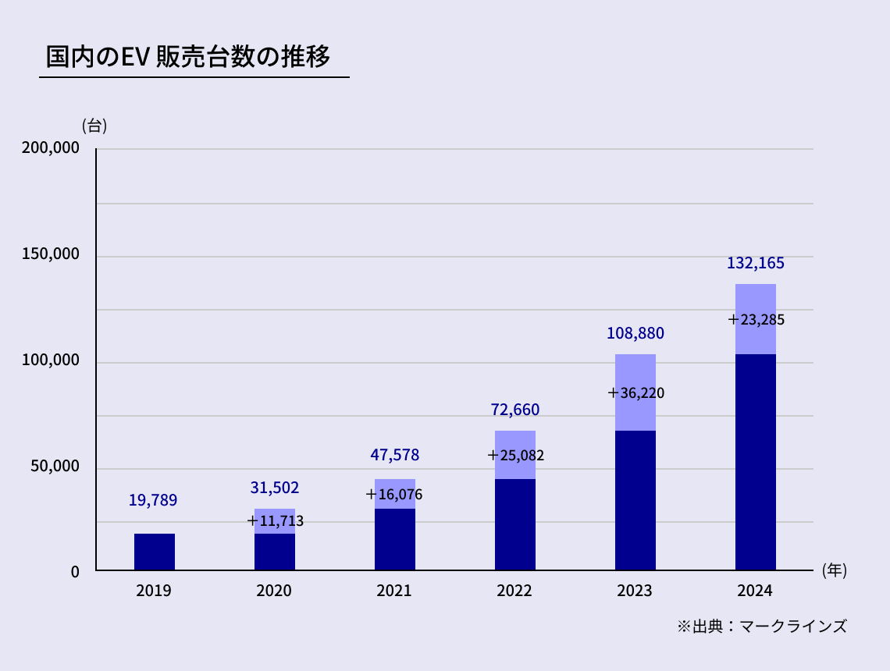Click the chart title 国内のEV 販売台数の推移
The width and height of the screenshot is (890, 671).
188,58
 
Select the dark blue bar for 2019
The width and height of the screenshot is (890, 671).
155,552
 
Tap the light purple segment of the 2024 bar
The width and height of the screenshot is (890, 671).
756,300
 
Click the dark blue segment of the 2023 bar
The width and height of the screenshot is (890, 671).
635,499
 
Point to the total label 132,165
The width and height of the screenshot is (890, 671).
755,264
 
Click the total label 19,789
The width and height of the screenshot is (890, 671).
153,500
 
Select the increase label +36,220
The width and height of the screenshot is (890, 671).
635,393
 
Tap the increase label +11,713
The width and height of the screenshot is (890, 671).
275,520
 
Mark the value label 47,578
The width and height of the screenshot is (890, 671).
395,455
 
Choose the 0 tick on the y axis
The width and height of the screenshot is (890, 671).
75,572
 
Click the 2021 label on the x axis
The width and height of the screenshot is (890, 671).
394,591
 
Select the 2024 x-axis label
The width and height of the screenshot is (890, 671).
755,591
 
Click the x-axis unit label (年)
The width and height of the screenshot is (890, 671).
834,570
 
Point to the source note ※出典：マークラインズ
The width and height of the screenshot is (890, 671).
761,626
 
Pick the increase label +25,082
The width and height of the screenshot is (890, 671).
515,455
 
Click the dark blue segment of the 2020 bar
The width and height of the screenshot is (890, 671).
275,552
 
